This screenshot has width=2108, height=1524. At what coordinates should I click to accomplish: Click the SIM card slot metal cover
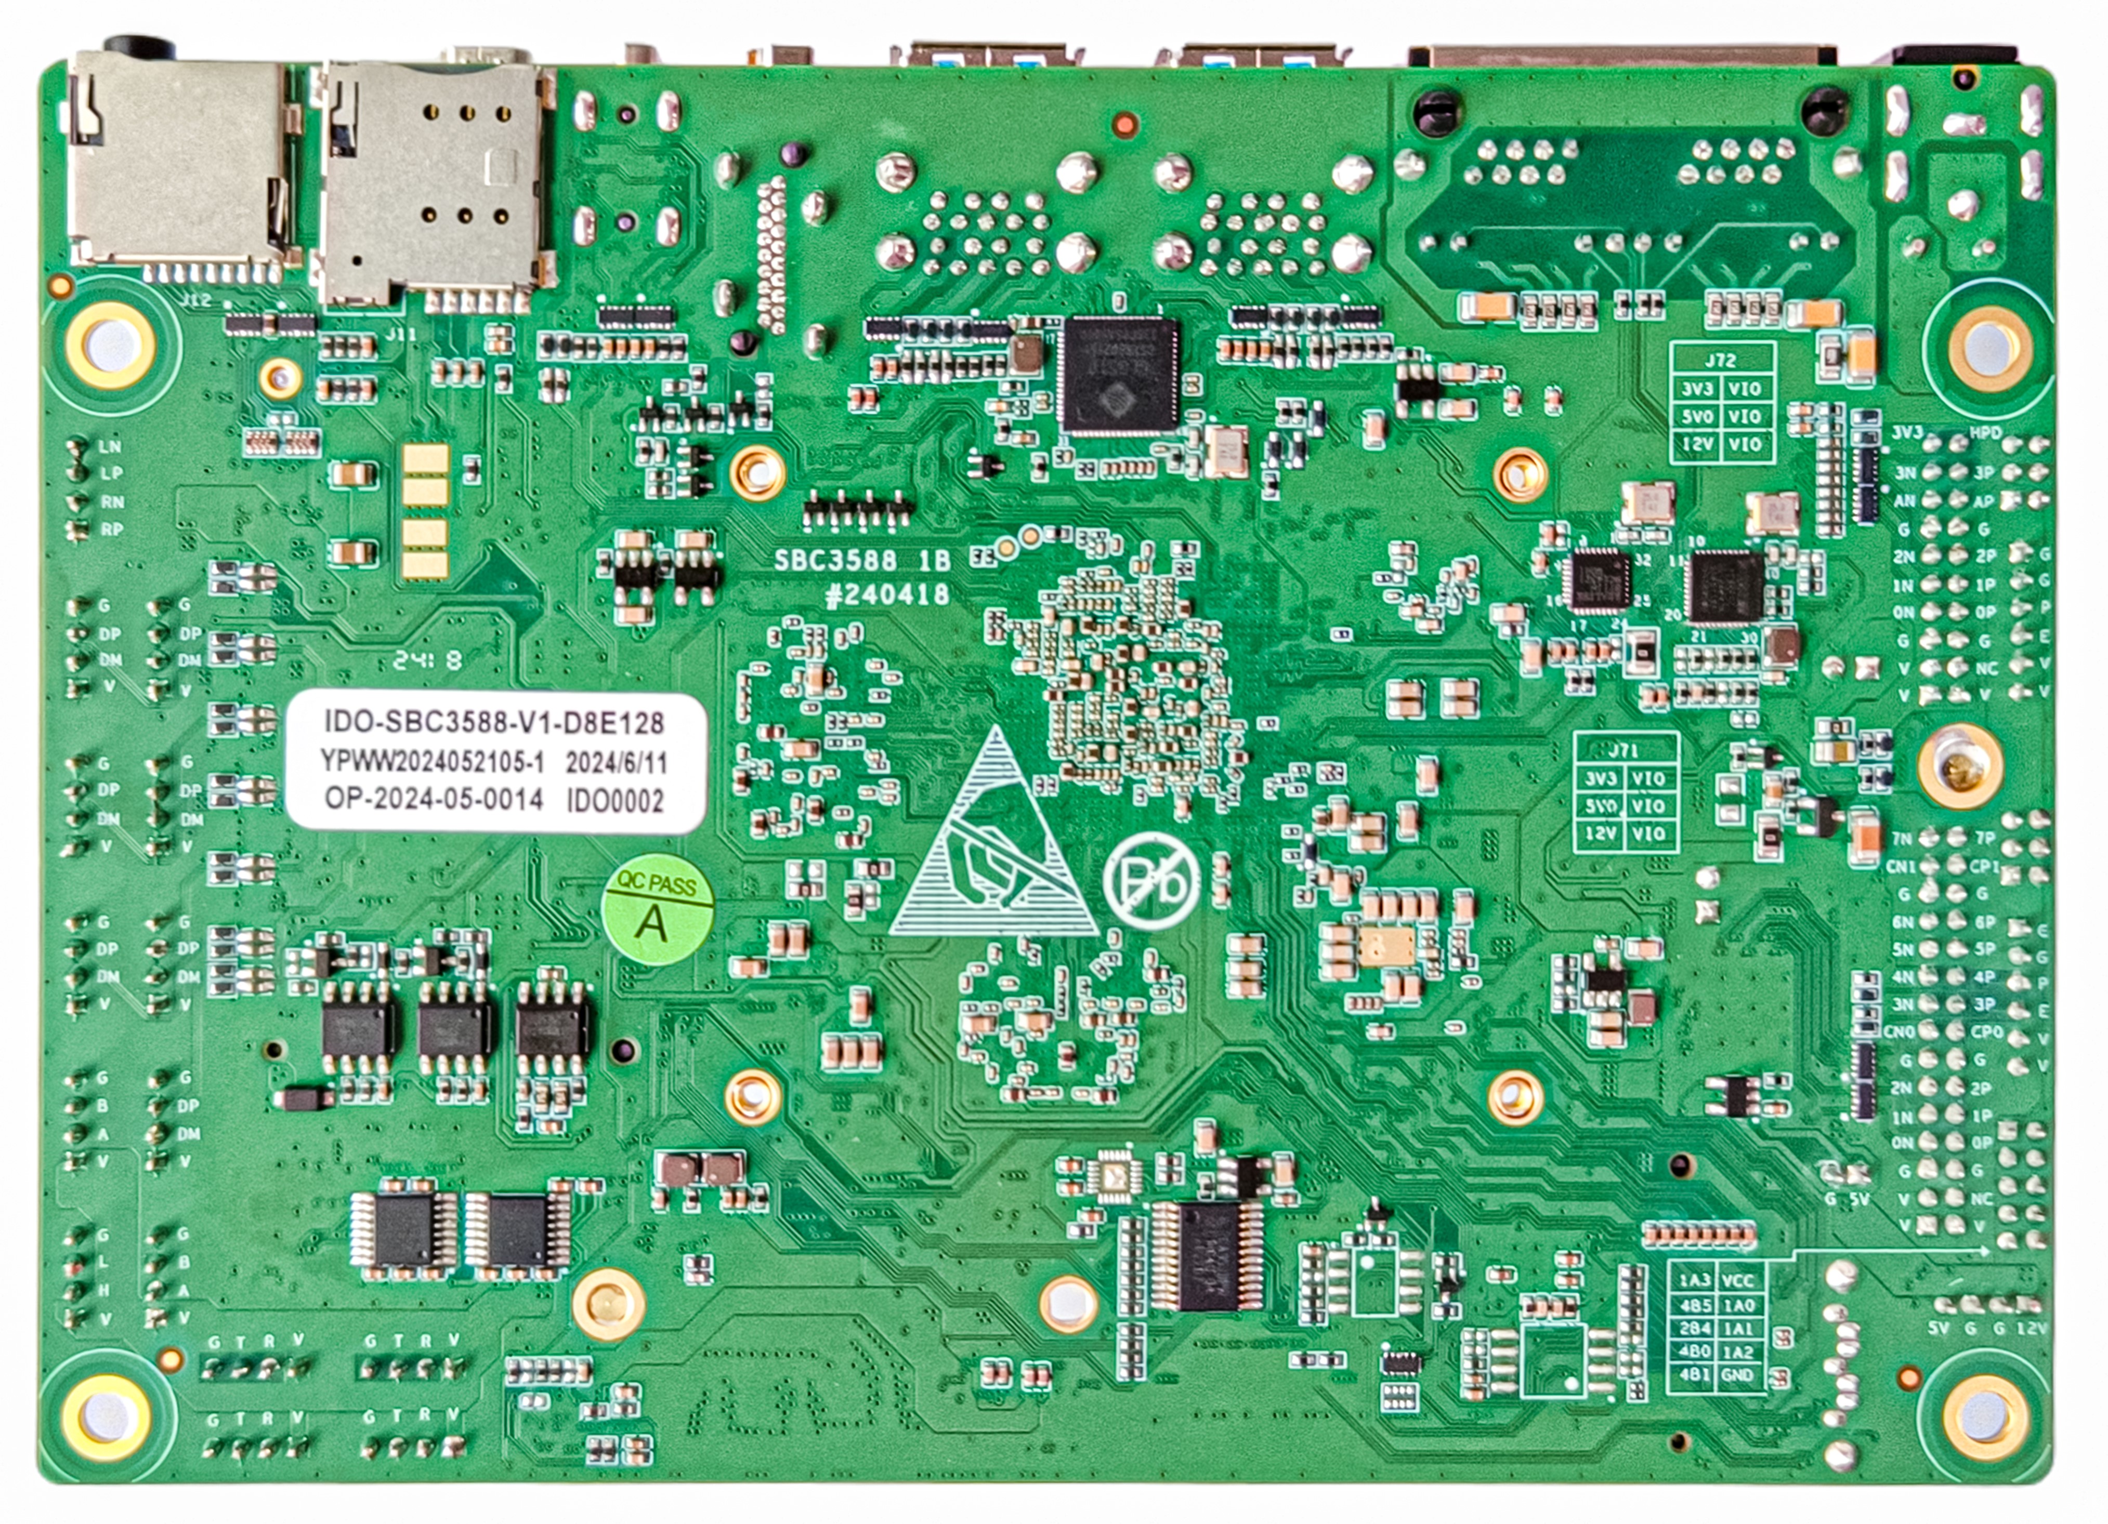click(432, 181)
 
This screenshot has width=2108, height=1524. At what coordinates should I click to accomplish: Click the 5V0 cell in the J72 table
click(1696, 416)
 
